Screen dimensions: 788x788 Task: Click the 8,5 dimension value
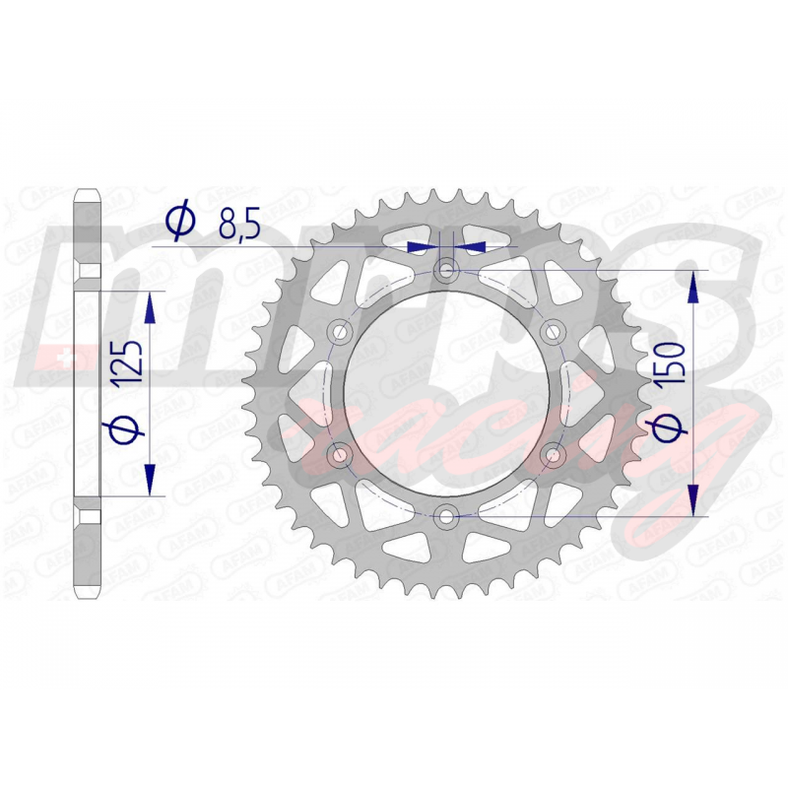pyautogui.click(x=238, y=227)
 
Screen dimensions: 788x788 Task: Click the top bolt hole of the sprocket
pyautogui.click(x=448, y=270)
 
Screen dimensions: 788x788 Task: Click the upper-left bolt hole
pyautogui.click(x=342, y=330)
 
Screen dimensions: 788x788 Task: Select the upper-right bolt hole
pyautogui.click(x=553, y=330)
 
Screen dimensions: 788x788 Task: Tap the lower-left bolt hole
pyautogui.click(x=342, y=454)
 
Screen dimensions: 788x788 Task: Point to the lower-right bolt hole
pyautogui.click(x=553, y=454)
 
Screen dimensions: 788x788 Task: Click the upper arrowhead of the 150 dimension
pyautogui.click(x=695, y=288)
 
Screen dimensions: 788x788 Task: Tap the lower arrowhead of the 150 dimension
pyautogui.click(x=695, y=496)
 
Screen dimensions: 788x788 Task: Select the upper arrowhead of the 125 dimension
pyautogui.click(x=150, y=310)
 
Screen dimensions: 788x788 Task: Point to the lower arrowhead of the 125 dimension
pyautogui.click(x=150, y=478)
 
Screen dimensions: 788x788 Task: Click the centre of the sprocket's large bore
pyautogui.click(x=448, y=392)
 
